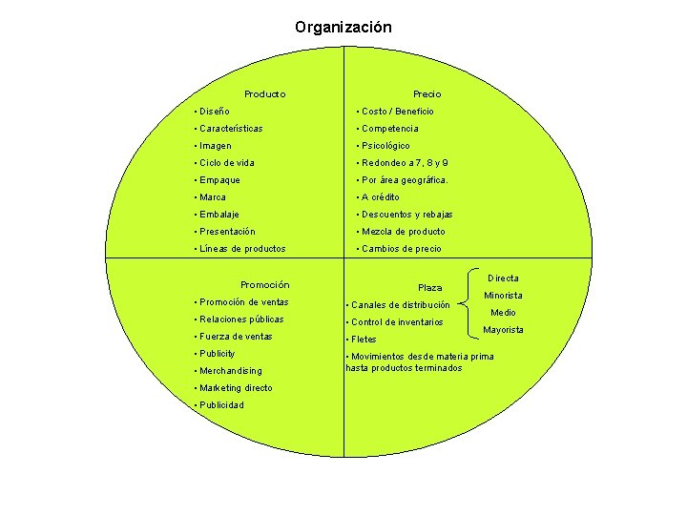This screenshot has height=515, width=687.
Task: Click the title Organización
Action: [x=343, y=28]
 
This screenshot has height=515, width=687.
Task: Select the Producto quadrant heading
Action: [x=265, y=94]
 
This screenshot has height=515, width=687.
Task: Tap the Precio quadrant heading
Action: [x=427, y=94]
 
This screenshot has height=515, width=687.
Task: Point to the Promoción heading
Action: [x=265, y=285]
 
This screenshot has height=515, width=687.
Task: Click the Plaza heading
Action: [x=430, y=288]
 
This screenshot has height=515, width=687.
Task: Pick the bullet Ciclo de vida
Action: [x=226, y=163]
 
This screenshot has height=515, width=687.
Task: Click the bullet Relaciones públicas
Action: [x=240, y=319]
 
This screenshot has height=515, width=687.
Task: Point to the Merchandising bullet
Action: [x=230, y=371]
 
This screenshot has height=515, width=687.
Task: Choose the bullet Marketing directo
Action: [x=235, y=388]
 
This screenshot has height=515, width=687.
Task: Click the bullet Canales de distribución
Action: [x=401, y=305]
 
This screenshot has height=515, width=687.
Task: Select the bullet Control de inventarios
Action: [x=397, y=322]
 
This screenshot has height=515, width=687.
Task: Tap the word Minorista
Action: [x=503, y=296]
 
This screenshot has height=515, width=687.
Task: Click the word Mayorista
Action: [x=503, y=330]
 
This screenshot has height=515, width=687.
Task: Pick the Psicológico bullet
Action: [x=385, y=146]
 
